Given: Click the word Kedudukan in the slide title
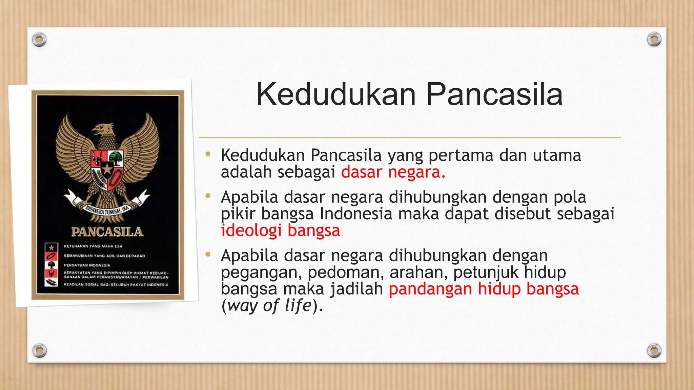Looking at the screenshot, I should pyautogui.click(x=335, y=94).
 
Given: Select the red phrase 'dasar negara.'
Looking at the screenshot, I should pyautogui.click(x=393, y=172).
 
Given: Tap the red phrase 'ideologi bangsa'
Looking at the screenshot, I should pyautogui.click(x=280, y=231).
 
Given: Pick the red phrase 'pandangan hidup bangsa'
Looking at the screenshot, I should pyautogui.click(x=484, y=289).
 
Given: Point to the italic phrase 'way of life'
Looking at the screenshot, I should pyautogui.click(x=269, y=305).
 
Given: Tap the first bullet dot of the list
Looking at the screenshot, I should pyautogui.click(x=208, y=155).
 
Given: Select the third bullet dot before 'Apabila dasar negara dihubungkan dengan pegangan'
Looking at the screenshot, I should pyautogui.click(x=208, y=254).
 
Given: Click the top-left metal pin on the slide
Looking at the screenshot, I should pyautogui.click(x=39, y=40).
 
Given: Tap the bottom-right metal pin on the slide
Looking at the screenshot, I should pyautogui.click(x=654, y=350).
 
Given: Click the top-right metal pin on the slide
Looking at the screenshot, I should pyautogui.click(x=654, y=39).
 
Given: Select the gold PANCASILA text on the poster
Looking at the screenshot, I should pyautogui.click(x=107, y=232).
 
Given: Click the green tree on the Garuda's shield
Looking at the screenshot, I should pyautogui.click(x=116, y=157).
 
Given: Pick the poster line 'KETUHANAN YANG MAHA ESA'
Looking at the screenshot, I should pyautogui.click(x=93, y=246).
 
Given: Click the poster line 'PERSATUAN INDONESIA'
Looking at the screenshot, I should pyautogui.click(x=87, y=265).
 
